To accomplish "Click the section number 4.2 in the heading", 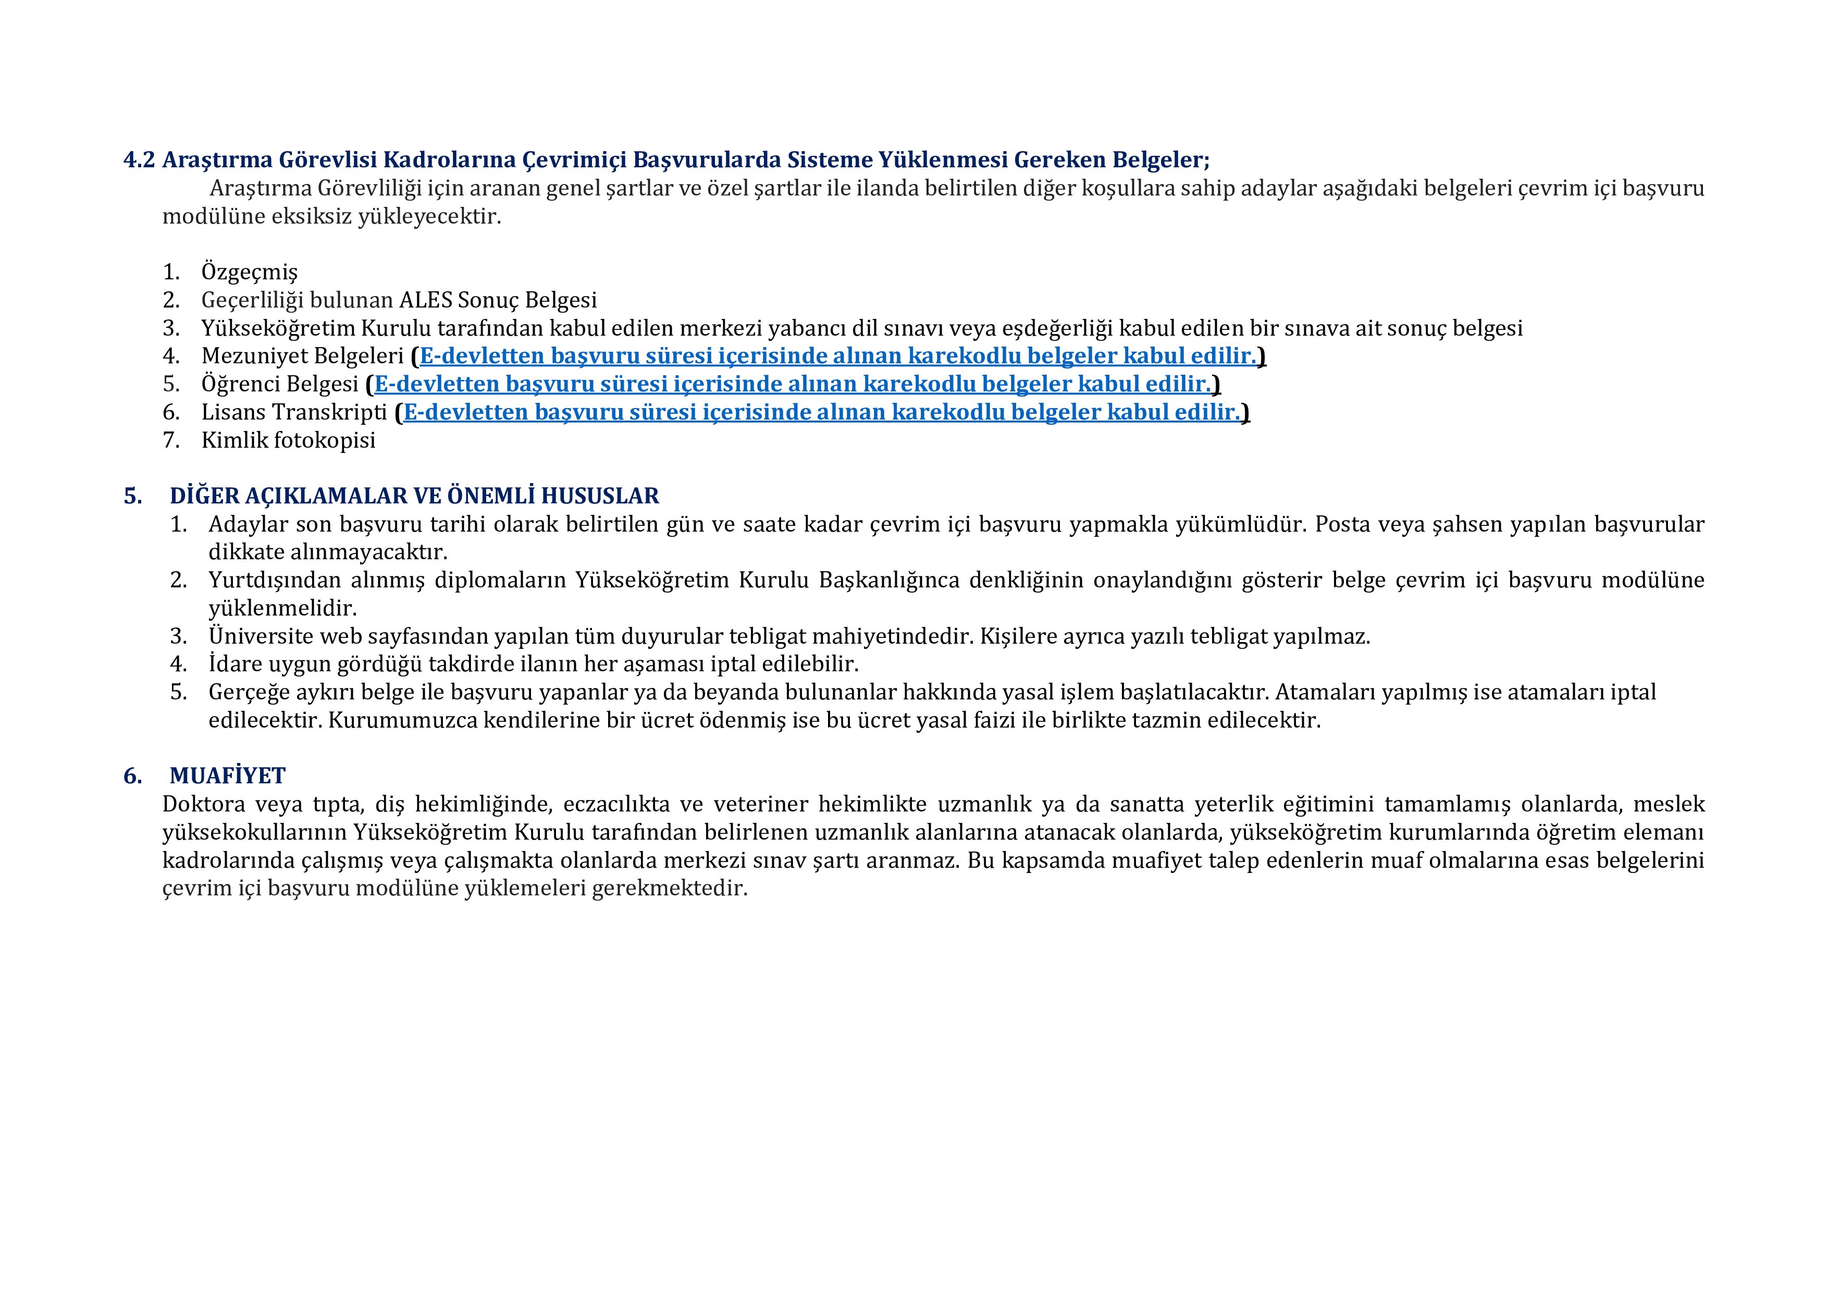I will point(139,160).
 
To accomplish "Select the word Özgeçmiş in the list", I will point(249,272).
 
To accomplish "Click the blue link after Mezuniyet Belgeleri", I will point(837,356).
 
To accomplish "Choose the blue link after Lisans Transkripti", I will point(822,412).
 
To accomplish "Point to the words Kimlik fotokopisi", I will point(288,440).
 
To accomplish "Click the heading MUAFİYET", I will point(228,775).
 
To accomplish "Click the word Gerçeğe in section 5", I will point(248,693).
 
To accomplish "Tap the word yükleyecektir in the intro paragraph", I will point(429,217).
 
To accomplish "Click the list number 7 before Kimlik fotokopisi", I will point(170,440).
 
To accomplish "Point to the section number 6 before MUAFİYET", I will point(131,775).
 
